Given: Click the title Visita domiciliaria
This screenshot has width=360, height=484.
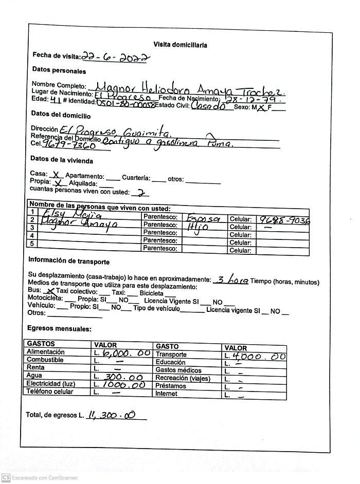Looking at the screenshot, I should click(180, 45).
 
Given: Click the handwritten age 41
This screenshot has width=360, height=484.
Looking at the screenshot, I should click(50, 101).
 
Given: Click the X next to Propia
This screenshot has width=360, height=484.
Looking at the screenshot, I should click(59, 182).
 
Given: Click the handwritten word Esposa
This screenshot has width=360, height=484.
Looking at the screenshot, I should click(204, 217).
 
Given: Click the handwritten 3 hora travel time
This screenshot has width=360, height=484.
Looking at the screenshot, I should click(232, 280).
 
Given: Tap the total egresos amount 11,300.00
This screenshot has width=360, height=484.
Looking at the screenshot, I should click(112, 414).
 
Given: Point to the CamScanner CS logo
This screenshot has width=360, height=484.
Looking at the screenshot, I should click(6, 477).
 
